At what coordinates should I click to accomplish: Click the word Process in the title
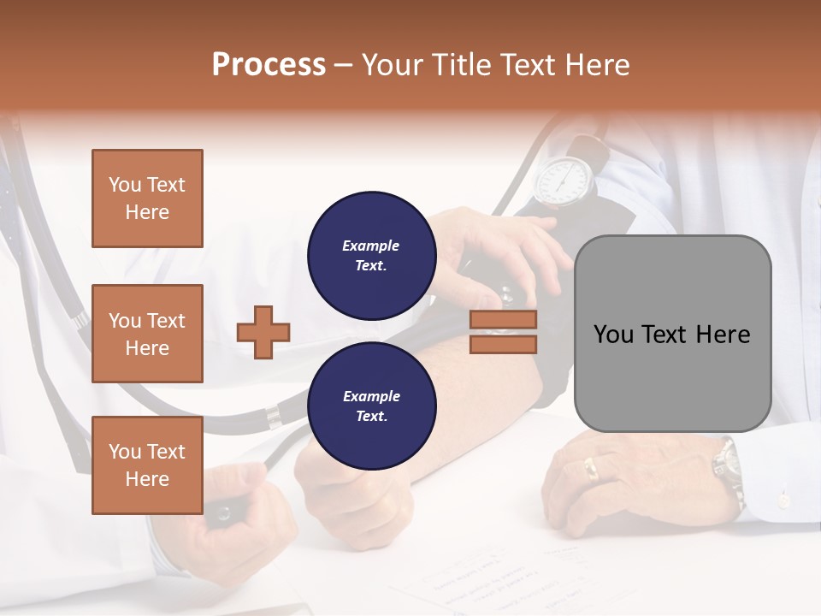point(269,65)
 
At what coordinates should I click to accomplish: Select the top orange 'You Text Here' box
point(147,198)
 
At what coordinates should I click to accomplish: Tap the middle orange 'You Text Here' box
point(147,334)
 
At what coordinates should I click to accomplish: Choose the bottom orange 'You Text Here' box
point(147,465)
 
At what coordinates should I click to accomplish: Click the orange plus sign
point(263,331)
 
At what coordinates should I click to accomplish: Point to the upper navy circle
point(371,255)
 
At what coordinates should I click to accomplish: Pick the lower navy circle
point(371,406)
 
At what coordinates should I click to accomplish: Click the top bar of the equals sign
point(504,320)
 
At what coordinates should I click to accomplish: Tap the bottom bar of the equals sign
point(504,344)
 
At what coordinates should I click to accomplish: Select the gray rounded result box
point(672,334)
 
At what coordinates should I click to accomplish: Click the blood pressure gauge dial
point(564,180)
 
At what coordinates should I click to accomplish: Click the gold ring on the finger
point(591,468)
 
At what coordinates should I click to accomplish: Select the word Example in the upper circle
point(371,246)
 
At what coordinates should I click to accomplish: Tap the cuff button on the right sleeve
point(782,498)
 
